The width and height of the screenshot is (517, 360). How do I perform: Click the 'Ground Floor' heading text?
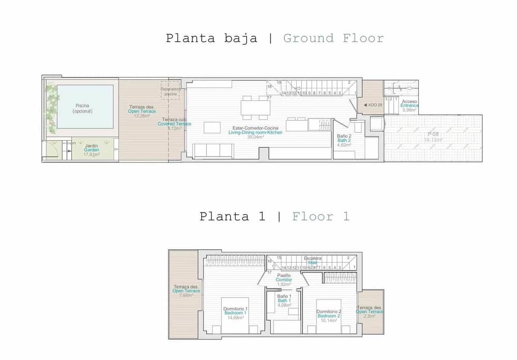pos(333,38)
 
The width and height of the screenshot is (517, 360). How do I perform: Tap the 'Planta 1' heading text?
pos(232,216)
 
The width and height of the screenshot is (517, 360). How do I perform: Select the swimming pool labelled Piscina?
pos(85,107)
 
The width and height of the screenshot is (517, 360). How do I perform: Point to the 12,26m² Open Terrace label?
pos(142,111)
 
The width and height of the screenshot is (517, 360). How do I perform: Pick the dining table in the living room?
pos(255,108)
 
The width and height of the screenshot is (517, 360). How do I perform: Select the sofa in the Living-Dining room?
pos(212,151)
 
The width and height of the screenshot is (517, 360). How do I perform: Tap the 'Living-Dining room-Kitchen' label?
pos(255,132)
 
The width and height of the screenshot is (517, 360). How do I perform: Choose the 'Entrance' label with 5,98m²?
pos(409,106)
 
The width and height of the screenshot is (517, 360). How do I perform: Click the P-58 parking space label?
pos(433,137)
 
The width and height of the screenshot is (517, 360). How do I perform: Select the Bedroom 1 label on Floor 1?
pos(235,313)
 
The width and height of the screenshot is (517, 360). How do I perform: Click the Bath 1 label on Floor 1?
pos(284,301)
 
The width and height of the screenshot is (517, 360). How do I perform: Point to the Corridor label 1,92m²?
pos(284,280)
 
